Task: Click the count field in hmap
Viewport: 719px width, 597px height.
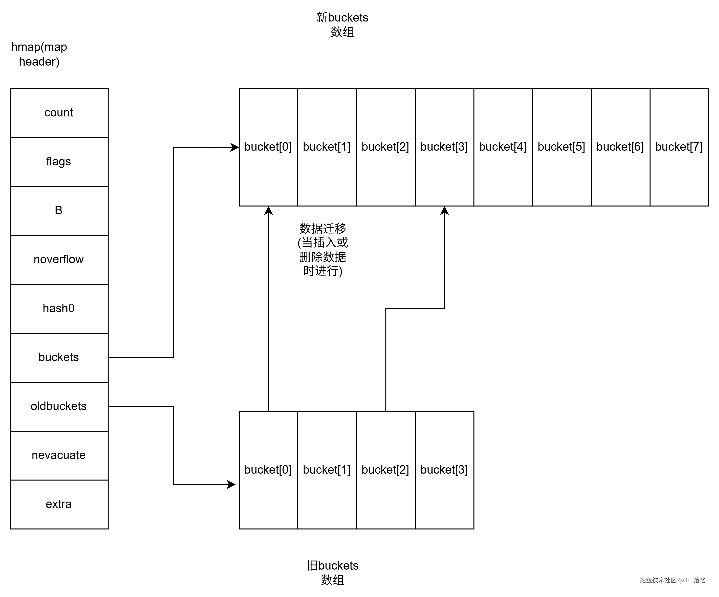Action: click(x=59, y=113)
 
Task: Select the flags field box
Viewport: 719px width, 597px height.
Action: click(x=59, y=162)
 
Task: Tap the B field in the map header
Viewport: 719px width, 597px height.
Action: click(x=59, y=211)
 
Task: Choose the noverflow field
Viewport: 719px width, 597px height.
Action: click(x=59, y=260)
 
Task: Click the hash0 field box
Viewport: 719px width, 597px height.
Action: click(x=59, y=308)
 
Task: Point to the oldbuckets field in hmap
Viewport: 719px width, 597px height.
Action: click(x=59, y=406)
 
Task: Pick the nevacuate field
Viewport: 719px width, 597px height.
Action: click(x=59, y=455)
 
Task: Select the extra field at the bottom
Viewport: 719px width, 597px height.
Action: click(x=59, y=504)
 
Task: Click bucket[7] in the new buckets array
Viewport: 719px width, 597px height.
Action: click(x=679, y=147)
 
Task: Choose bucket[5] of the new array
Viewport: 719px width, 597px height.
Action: click(x=562, y=147)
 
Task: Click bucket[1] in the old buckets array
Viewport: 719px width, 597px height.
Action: click(x=327, y=470)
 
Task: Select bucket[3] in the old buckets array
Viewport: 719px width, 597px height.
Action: click(x=444, y=470)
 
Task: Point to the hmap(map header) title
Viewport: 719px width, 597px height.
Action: click(x=39, y=54)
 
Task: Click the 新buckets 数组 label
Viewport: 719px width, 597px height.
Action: click(x=342, y=25)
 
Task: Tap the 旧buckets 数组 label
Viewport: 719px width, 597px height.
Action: click(x=332, y=573)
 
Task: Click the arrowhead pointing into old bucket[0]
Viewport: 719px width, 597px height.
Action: click(x=232, y=484)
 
